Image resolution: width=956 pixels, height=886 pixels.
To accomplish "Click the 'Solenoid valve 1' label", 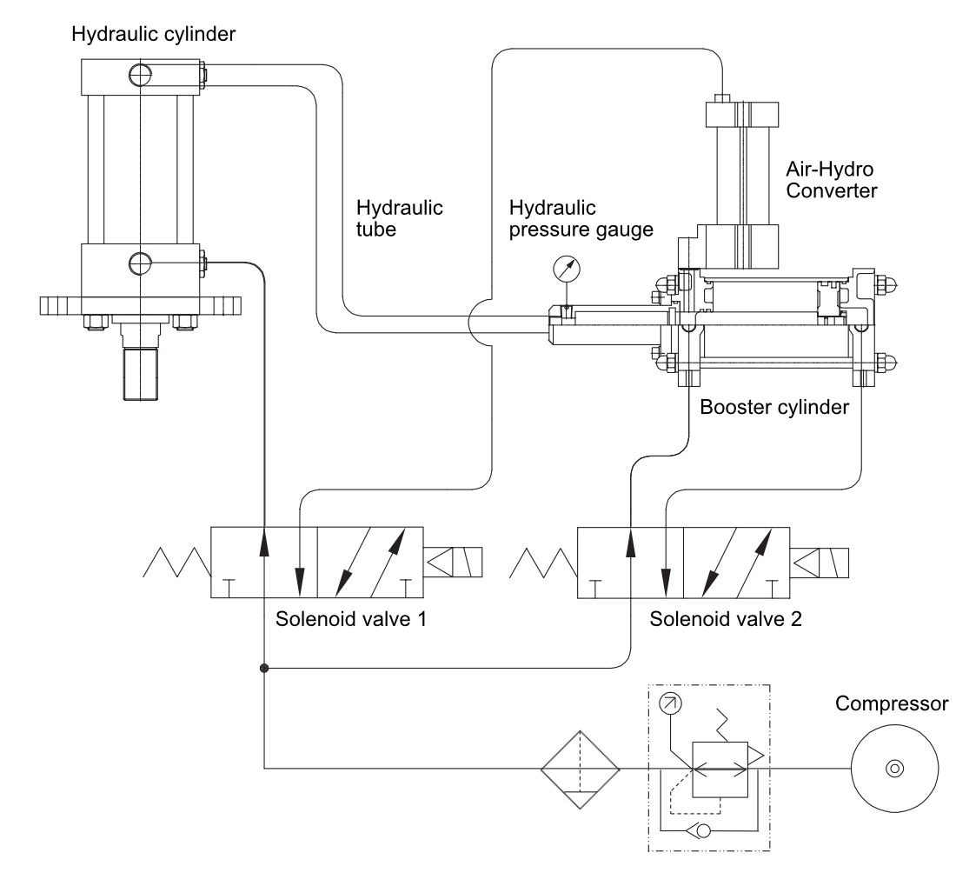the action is (x=350, y=619).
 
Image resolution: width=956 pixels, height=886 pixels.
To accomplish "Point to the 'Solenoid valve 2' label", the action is (x=726, y=619).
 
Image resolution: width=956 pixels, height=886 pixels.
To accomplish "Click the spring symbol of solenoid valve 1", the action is (x=176, y=563).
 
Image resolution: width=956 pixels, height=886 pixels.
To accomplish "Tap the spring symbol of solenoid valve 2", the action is (x=543, y=563).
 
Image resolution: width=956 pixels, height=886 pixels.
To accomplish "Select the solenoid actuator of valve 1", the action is (x=453, y=563).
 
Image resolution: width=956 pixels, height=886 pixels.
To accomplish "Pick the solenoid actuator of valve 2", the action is (x=819, y=563).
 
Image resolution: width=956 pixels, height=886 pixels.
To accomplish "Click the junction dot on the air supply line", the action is (x=264, y=669).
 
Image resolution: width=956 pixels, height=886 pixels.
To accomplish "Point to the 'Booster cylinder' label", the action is (x=774, y=407).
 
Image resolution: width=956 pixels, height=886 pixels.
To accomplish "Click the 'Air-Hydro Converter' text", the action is (x=831, y=180).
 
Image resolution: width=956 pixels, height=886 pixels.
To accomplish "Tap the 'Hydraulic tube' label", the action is (x=400, y=218).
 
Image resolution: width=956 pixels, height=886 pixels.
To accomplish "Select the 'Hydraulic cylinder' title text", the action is (x=154, y=34).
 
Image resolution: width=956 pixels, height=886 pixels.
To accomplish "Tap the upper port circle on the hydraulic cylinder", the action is (x=140, y=75).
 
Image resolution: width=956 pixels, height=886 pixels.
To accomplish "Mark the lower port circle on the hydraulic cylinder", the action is (x=140, y=263).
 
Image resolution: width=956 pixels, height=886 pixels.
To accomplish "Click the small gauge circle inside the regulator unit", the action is (x=671, y=703).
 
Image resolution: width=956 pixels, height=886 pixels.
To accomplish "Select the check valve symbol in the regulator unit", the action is (x=698, y=829).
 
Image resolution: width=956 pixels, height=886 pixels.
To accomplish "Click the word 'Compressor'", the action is (x=892, y=703).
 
